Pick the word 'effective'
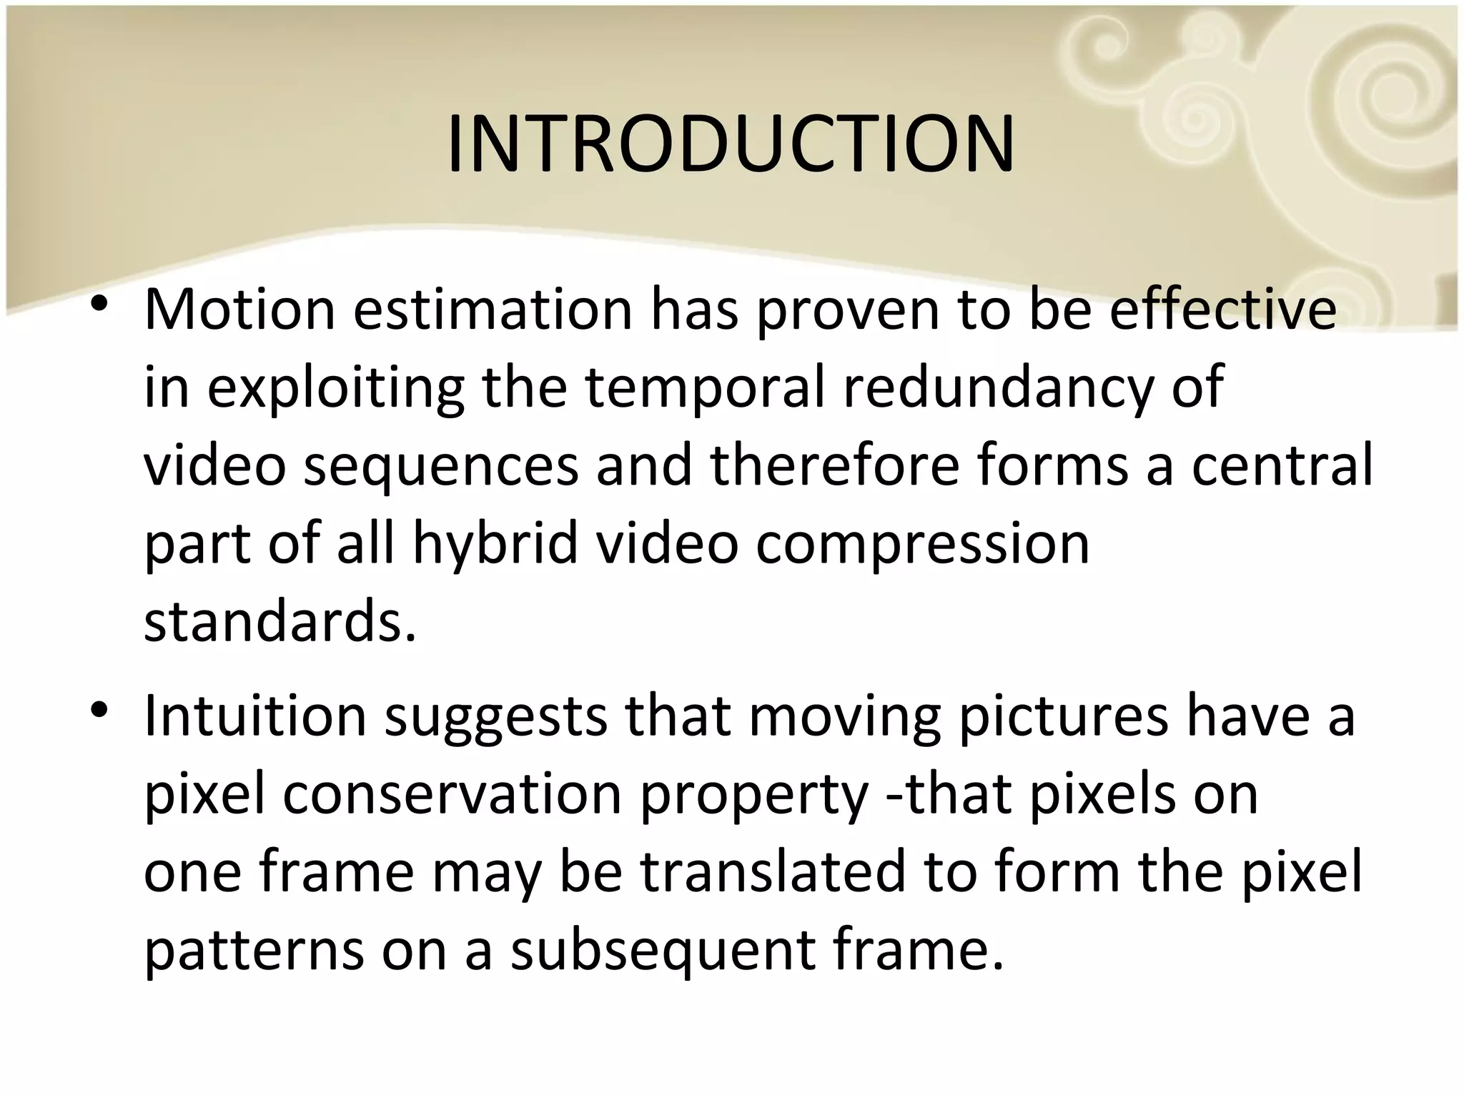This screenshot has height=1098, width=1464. point(1222,310)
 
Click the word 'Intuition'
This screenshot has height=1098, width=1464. point(255,716)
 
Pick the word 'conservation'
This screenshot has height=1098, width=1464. point(452,795)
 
